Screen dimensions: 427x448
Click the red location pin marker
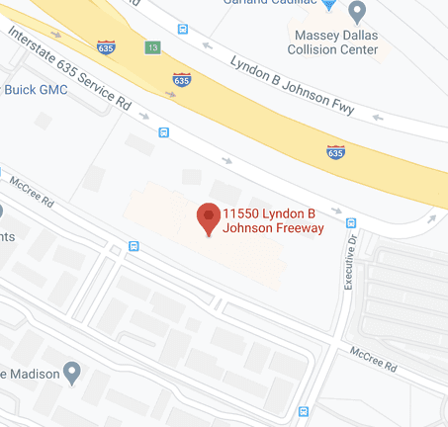[x=209, y=218]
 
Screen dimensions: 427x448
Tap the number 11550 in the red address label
[x=239, y=214]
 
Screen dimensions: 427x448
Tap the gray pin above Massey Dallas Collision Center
[x=358, y=12]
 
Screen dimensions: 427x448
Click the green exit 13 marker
[x=152, y=46]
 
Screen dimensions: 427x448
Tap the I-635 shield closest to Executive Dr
[x=336, y=151]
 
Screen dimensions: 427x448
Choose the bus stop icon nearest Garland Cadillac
[x=182, y=29]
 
